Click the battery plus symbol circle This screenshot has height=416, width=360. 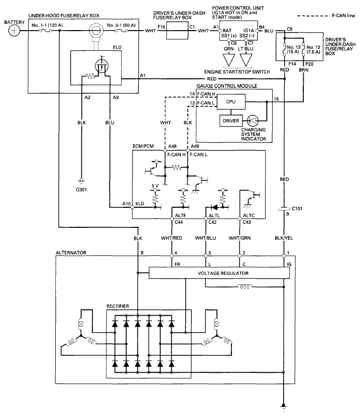click(x=15, y=31)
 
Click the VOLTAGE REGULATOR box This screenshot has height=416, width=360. click(x=219, y=273)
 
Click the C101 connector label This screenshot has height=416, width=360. click(x=297, y=207)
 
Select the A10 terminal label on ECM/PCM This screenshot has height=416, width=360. click(x=126, y=204)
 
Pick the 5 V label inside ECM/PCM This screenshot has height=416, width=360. click(x=155, y=187)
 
